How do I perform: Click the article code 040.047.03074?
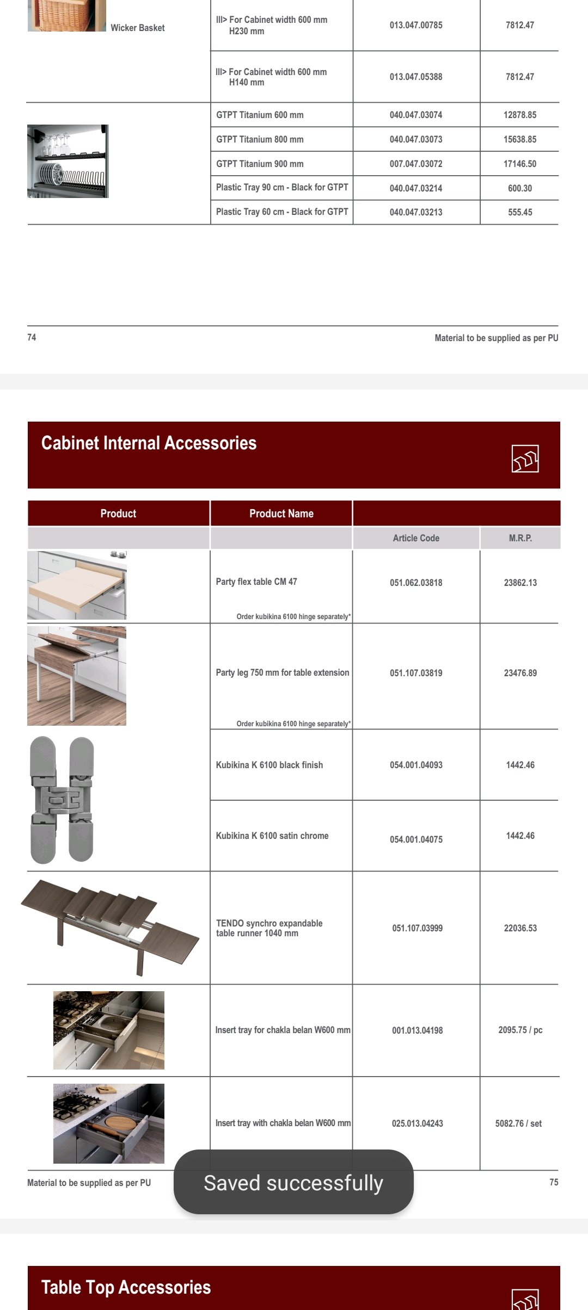pyautogui.click(x=416, y=115)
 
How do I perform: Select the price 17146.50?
pyautogui.click(x=520, y=164)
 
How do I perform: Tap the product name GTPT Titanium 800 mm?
pyautogui.click(x=260, y=139)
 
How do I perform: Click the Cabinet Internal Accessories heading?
pyautogui.click(x=149, y=443)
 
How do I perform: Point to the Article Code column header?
pyautogui.click(x=416, y=538)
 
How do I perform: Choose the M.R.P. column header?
pyautogui.click(x=520, y=538)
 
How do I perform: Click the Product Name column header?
pyautogui.click(x=281, y=514)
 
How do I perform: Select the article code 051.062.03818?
pyautogui.click(x=416, y=583)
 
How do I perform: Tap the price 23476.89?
pyautogui.click(x=520, y=673)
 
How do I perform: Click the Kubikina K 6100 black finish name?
pyautogui.click(x=269, y=765)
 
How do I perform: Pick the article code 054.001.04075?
pyautogui.click(x=416, y=839)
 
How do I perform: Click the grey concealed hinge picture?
pyautogui.click(x=62, y=800)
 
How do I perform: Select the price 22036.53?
pyautogui.click(x=520, y=928)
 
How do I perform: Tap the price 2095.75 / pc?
pyautogui.click(x=520, y=1030)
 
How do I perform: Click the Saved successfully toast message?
pyautogui.click(x=293, y=1183)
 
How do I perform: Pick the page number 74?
pyautogui.click(x=32, y=337)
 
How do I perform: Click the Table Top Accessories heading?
pyautogui.click(x=126, y=1287)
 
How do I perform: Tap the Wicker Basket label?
pyautogui.click(x=137, y=28)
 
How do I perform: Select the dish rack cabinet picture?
pyautogui.click(x=68, y=162)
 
